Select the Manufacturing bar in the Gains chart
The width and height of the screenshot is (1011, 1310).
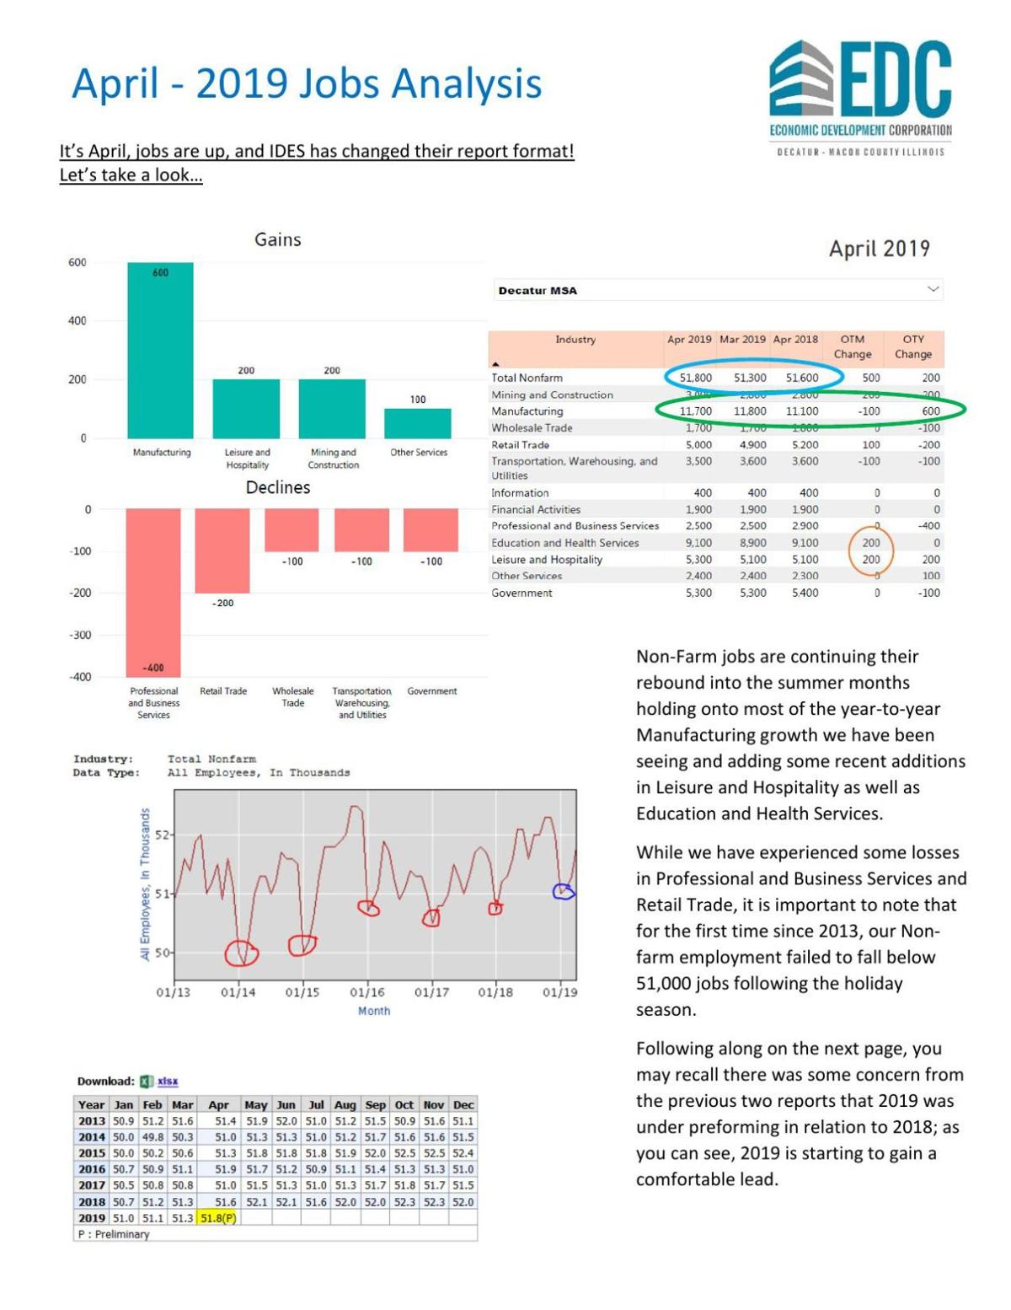(x=160, y=350)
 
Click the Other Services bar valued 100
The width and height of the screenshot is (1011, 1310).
(x=418, y=423)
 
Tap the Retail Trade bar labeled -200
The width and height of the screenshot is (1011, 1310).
(x=222, y=550)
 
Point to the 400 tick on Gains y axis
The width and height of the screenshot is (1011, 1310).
(x=78, y=321)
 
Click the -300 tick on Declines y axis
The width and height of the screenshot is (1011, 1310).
(x=79, y=636)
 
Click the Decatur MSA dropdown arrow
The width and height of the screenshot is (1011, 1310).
(x=933, y=289)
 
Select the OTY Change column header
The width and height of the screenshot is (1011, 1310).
(x=913, y=346)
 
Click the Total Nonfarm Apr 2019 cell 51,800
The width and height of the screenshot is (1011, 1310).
(x=695, y=379)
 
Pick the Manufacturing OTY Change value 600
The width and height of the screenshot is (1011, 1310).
(x=930, y=411)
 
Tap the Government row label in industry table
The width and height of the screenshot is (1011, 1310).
(x=522, y=593)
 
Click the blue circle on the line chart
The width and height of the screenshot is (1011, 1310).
(x=563, y=891)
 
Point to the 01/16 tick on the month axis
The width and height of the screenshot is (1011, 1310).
(x=366, y=992)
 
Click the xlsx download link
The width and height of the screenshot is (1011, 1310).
(x=168, y=1082)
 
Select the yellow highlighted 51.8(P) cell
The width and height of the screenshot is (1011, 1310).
(x=218, y=1218)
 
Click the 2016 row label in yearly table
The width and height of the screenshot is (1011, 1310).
(x=91, y=1169)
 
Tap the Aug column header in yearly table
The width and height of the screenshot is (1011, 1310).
(x=345, y=1105)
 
